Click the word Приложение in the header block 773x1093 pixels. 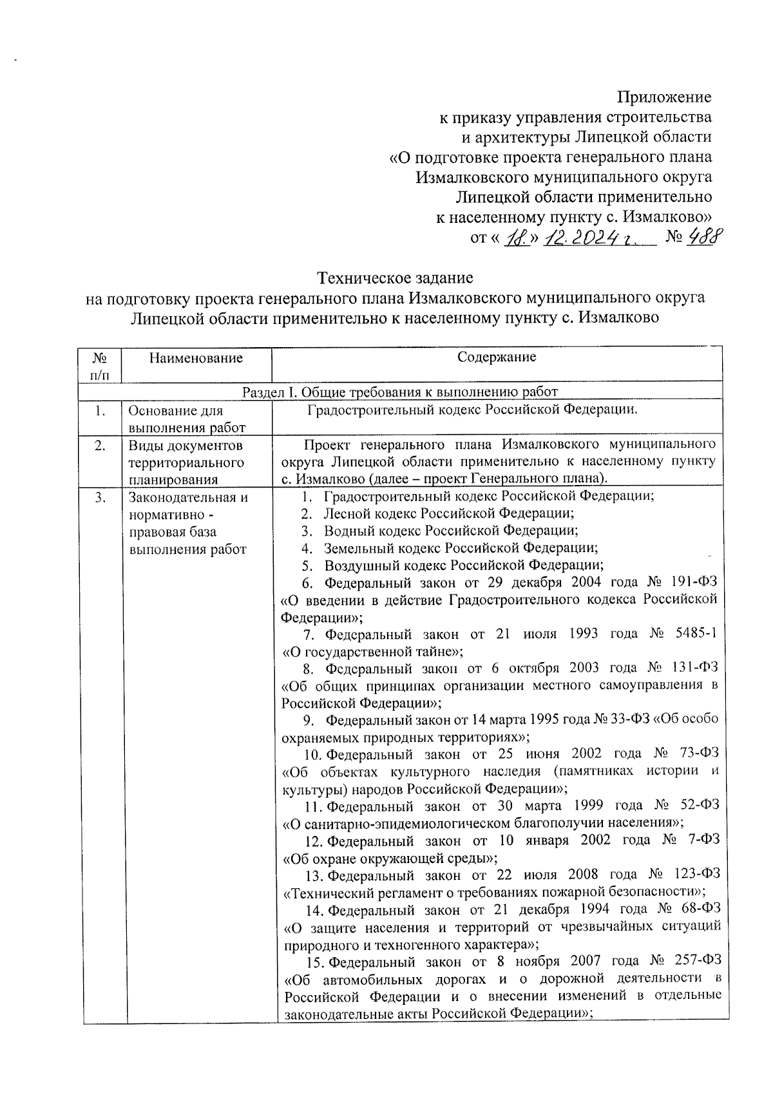tap(664, 97)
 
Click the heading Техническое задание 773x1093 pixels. tap(396, 278)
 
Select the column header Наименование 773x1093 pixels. tap(196, 358)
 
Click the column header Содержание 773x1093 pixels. tap(497, 357)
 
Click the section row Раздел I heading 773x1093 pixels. tap(399, 392)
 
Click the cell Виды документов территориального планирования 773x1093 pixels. tap(187, 462)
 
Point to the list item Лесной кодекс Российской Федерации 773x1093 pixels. tap(448, 513)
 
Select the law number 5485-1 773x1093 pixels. tap(692, 634)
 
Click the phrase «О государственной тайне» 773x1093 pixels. tap(373, 652)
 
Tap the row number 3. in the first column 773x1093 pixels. tap(99, 497)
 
